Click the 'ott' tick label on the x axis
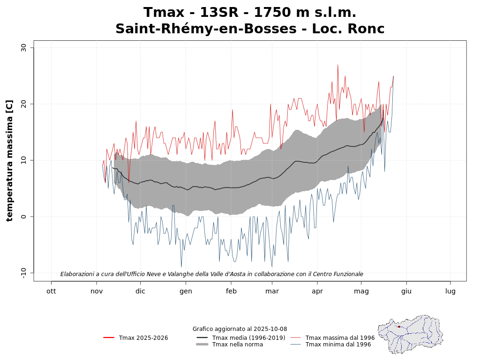coord(51,291)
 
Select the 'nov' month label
coord(97,291)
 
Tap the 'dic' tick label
coord(140,291)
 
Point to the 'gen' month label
coord(186,291)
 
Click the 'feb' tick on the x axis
coord(231,291)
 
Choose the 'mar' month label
coord(272,291)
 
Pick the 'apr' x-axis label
coord(317,291)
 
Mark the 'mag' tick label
coord(361,291)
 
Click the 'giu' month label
coord(406,291)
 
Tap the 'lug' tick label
coord(450,291)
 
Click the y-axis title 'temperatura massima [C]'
coord(9,160)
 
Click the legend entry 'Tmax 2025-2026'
coord(143,338)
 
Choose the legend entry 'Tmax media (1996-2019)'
coord(248,338)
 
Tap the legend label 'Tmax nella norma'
coord(238,345)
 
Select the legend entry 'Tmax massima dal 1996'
coord(340,338)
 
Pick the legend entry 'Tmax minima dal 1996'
coord(338,345)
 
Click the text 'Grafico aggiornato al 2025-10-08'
coord(240,329)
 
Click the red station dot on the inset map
coord(399,327)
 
